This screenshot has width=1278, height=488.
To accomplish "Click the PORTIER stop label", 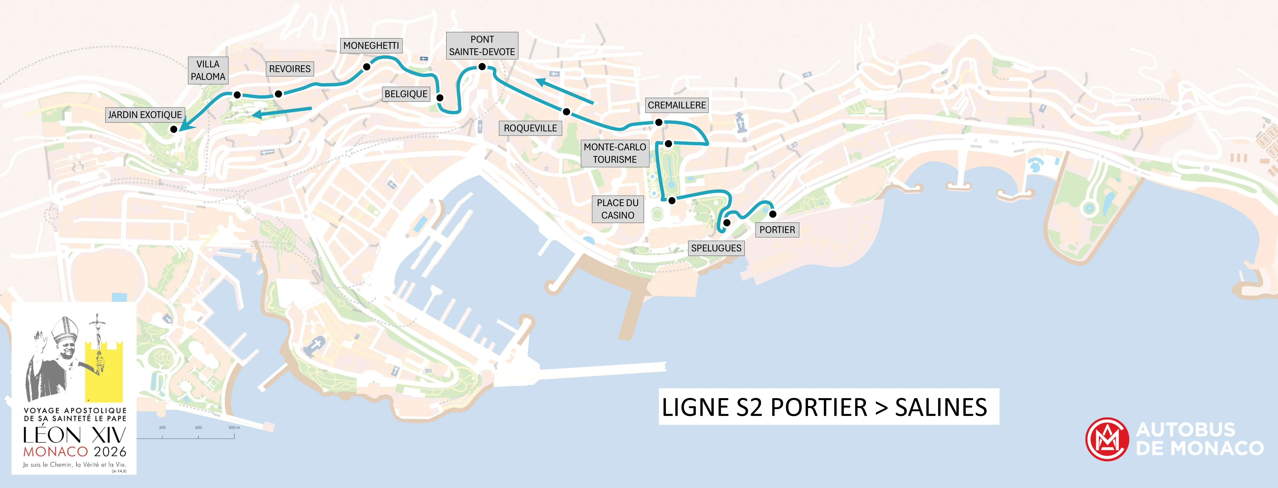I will point(777,230).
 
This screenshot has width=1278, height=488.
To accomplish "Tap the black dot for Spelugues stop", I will point(727,223).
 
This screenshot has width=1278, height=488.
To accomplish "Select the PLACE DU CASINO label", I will point(618,209).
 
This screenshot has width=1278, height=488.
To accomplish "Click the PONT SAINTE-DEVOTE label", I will point(482,46).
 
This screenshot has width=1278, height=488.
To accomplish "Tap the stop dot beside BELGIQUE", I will point(440,98).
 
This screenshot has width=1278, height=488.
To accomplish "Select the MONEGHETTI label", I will point(371,46).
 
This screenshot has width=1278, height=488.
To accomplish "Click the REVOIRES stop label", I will point(290,69).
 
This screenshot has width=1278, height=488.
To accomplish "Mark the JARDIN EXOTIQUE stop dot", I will point(174,129).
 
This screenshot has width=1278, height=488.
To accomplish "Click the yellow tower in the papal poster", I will point(104,372).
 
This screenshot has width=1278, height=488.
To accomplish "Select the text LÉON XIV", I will point(74,436).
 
